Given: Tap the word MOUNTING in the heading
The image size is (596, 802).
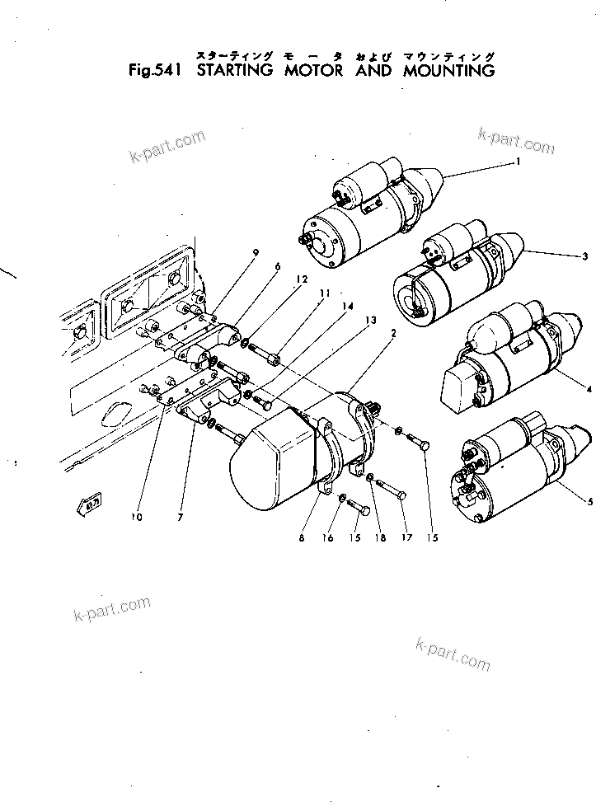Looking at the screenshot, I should tap(448, 71).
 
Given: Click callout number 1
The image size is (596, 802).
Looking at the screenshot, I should tap(517, 162).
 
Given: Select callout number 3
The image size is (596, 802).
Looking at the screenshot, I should tap(584, 256).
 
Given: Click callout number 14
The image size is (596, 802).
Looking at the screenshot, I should tap(348, 306).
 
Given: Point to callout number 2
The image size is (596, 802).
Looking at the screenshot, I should tap(394, 334).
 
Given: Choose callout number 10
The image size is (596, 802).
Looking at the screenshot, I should tap(136, 518).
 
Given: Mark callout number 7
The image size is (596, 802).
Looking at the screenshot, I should tap(180, 518).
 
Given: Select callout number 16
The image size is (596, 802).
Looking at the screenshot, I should tap(328, 538).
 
